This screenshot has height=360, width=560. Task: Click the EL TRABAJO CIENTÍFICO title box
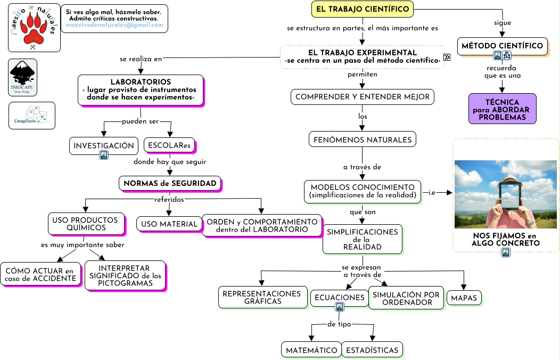362,9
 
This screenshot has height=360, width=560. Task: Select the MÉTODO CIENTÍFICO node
502,46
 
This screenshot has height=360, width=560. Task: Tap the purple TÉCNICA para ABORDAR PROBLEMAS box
502,109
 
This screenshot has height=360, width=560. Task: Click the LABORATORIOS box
141,89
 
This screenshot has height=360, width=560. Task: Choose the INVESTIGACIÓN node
103,145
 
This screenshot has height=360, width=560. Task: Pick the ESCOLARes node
169,145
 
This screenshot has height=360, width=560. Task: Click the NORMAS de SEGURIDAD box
170,184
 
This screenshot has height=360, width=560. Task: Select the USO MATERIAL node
169,224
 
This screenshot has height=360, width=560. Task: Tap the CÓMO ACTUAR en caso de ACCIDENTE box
40,275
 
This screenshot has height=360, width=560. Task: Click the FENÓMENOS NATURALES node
362,140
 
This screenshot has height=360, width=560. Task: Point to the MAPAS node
464,298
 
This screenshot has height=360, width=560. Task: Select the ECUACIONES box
339,298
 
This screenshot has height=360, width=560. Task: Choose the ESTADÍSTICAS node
372,350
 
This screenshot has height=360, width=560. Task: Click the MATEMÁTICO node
311,350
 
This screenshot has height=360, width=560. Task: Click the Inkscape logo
23,77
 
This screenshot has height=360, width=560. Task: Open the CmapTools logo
32,116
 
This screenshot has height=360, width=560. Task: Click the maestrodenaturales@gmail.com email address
114,25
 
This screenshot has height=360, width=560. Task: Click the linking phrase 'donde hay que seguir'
170,161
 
